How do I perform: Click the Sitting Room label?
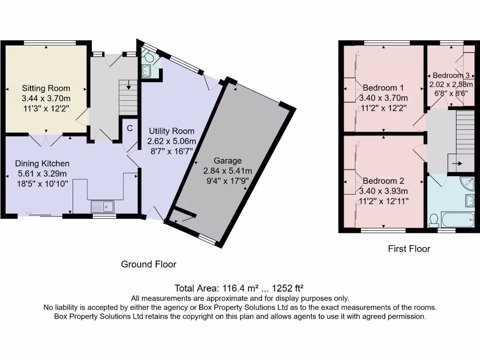pyautogui.click(x=46, y=88)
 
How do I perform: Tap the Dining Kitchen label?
pyautogui.click(x=42, y=164)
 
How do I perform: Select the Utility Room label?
pyautogui.click(x=171, y=131)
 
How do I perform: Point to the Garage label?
pyautogui.click(x=227, y=161)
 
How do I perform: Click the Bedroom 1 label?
pyautogui.click(x=383, y=88)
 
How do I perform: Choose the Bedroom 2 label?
pyautogui.click(x=383, y=181)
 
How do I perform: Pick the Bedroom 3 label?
pyautogui.click(x=451, y=75)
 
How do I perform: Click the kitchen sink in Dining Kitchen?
pyautogui.click(x=102, y=206)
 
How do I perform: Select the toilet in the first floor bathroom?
pyautogui.click(x=434, y=219)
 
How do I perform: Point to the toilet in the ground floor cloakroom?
pyautogui.click(x=150, y=57)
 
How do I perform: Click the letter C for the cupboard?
pyautogui.click(x=130, y=128)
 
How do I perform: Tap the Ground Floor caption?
pyautogui.click(x=149, y=264)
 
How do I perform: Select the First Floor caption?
pyautogui.click(x=409, y=249)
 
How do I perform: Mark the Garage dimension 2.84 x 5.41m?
pyautogui.click(x=227, y=171)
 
